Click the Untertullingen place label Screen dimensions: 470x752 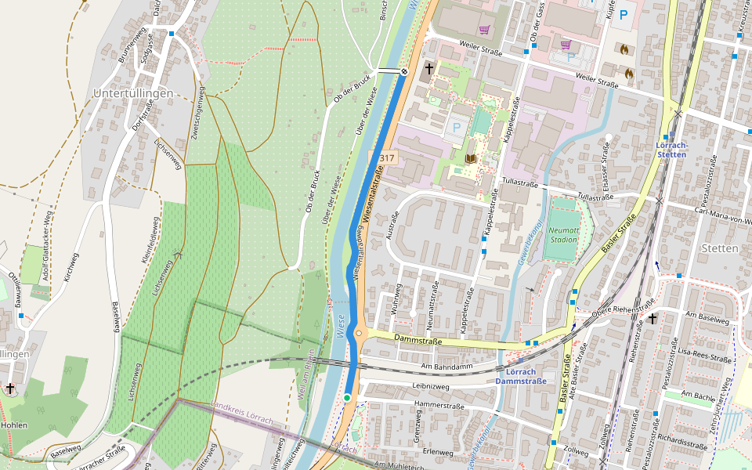point(132,93)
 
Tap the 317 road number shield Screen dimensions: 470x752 point(386,158)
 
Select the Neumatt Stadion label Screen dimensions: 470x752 point(563,234)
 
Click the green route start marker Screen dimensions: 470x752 point(347,398)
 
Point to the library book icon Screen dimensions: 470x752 point(470,158)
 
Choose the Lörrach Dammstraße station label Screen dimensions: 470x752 point(520,376)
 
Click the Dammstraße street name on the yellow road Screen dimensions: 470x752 point(419,341)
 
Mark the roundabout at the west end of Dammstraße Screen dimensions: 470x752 point(360,334)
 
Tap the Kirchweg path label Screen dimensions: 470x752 point(71,266)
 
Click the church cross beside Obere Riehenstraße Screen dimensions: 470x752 point(652,319)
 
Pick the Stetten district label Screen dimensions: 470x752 point(721,248)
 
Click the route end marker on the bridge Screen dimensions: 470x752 point(404,72)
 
